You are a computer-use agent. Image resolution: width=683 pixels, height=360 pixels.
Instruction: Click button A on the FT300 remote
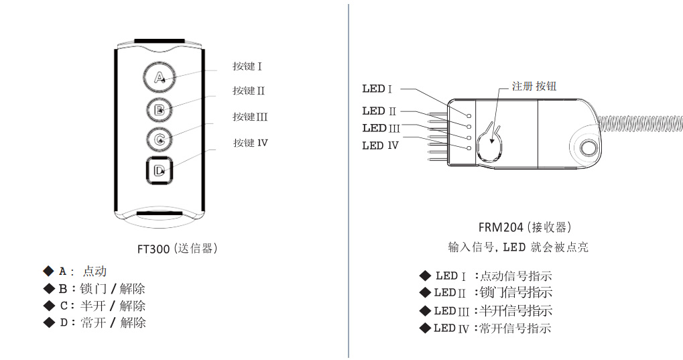tap(159, 78)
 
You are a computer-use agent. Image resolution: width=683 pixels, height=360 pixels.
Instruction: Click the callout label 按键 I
tap(247, 66)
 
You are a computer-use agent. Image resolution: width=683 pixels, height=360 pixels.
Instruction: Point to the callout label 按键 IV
tap(250, 143)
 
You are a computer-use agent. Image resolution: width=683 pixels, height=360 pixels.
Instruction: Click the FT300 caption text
tap(177, 249)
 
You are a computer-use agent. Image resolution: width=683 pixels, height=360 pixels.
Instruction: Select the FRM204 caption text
tap(525, 227)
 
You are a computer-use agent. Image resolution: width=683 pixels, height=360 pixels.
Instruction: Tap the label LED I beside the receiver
tap(377, 88)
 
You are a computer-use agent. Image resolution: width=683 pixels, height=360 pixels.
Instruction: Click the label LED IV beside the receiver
tap(380, 145)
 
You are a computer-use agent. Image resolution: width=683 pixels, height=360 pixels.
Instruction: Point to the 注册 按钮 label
tap(534, 86)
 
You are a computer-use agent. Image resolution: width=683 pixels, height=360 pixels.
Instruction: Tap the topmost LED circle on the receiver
tap(469, 116)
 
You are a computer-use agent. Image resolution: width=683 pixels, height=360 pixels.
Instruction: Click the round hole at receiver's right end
tap(589, 147)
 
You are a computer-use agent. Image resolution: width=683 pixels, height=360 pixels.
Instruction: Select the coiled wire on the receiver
tap(640, 124)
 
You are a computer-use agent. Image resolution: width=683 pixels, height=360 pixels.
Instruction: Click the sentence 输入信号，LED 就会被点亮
tap(518, 247)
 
